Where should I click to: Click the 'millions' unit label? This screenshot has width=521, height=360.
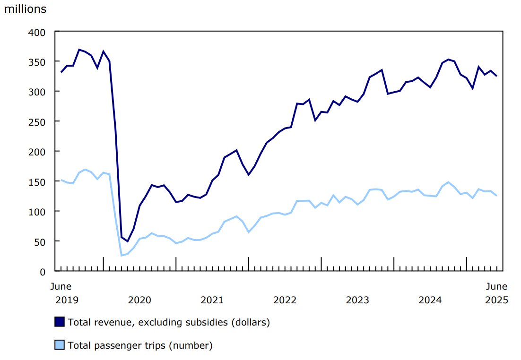(x=26, y=9)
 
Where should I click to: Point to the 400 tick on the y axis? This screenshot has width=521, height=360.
(x=38, y=32)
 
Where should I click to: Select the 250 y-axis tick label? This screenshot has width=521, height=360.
(x=38, y=121)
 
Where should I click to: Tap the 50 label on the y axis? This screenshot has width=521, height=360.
(x=41, y=241)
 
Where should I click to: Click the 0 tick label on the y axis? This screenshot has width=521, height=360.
(x=43, y=272)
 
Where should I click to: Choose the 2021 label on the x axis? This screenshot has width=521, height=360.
(x=212, y=300)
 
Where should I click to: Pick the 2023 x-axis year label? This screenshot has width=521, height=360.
(x=357, y=300)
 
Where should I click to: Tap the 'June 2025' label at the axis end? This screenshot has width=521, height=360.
(x=497, y=293)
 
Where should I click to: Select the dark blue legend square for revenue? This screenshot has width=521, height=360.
(x=59, y=322)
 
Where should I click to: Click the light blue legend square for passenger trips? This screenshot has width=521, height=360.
(x=59, y=345)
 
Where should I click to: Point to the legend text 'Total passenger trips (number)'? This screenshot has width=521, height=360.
(x=140, y=346)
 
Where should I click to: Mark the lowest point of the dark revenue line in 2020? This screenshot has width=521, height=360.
(x=127, y=241)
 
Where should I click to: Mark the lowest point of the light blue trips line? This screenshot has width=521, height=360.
(x=122, y=255)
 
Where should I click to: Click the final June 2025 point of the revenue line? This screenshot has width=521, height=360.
(x=496, y=76)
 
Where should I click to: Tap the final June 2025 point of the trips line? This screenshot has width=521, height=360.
(x=496, y=196)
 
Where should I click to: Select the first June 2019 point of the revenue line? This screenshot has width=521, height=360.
(x=61, y=72)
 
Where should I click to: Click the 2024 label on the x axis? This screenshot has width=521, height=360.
(x=430, y=300)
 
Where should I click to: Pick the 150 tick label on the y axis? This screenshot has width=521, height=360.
(x=38, y=181)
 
